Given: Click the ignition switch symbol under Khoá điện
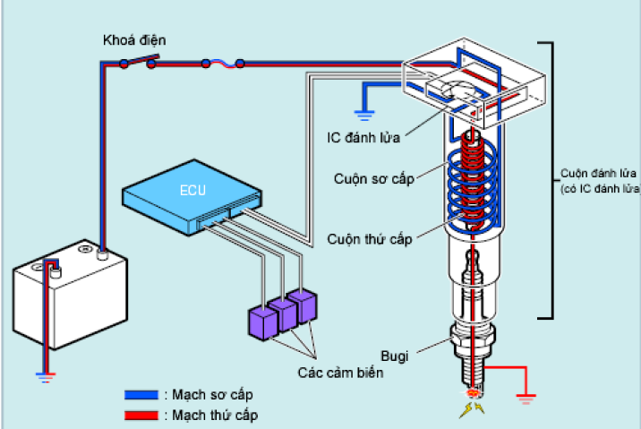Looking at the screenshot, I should (139, 62).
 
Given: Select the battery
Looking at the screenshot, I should (69, 295).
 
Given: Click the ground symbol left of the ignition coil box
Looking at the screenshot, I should (363, 112).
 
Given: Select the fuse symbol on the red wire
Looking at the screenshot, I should (222, 63).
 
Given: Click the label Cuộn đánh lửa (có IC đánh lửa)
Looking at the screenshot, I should (598, 179).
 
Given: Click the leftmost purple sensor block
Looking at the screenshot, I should (261, 322).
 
